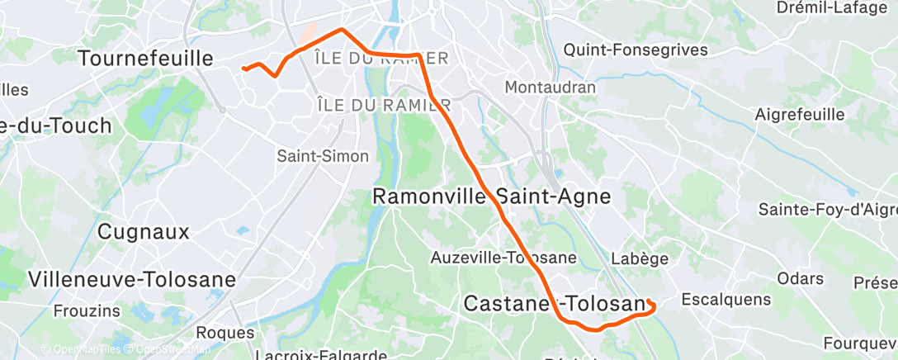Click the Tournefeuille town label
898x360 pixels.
145,58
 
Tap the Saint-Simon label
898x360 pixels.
323,155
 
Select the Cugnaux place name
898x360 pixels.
144,231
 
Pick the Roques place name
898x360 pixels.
226,333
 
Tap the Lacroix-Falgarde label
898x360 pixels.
321,355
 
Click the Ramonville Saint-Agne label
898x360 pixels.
492,197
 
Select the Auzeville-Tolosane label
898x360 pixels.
503,258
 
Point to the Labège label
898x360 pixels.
640,258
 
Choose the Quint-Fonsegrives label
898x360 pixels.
636,50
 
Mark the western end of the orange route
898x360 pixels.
243,69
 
